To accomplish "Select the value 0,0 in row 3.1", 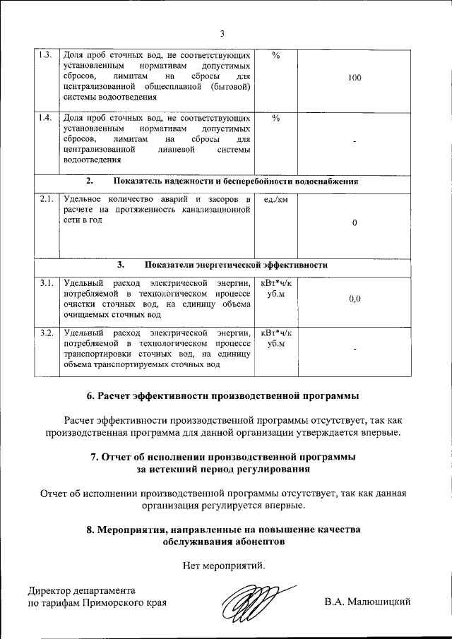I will coord(355,299).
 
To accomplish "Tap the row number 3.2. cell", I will coord(46,333).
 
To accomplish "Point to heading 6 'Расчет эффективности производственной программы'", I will coord(225,395).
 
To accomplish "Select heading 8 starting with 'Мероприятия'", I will coord(225,536).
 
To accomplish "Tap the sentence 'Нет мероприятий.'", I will coord(225,566).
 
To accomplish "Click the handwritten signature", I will coord(251,602).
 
